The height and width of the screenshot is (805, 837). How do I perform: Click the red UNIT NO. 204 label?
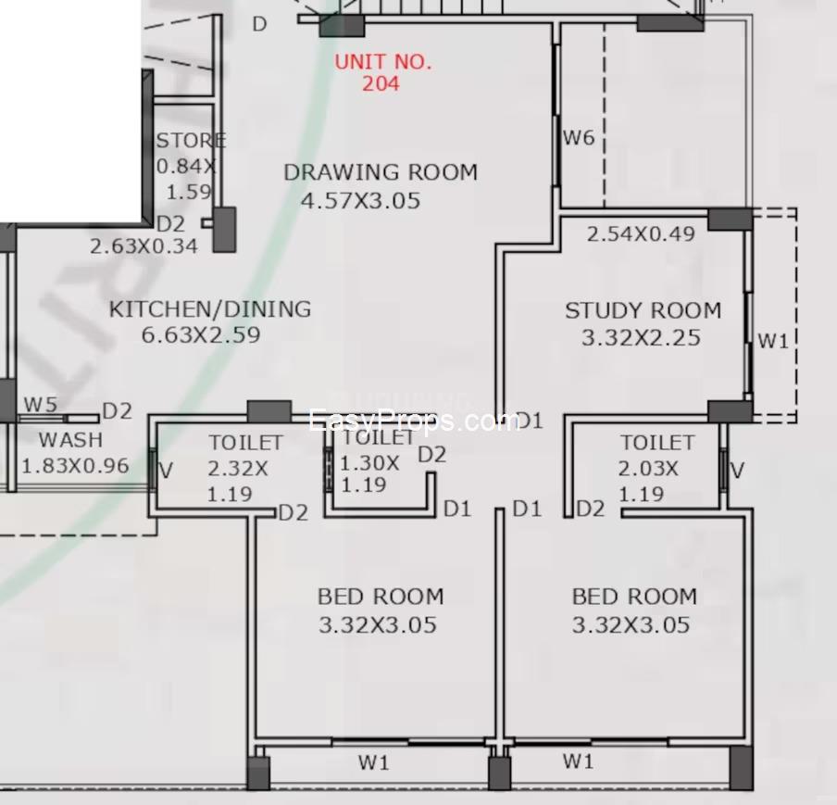point(381,72)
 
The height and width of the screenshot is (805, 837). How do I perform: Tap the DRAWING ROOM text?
point(381,172)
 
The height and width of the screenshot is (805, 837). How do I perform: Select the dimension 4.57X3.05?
point(361,200)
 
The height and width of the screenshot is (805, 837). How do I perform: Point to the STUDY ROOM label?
point(643,310)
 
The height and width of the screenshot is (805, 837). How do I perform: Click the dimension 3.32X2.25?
point(641,338)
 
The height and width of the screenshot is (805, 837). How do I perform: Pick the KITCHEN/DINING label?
point(210,308)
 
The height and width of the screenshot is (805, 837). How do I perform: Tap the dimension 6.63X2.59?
point(201,334)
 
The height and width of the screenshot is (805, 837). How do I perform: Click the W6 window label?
point(579,138)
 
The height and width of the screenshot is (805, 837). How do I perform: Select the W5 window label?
point(41,404)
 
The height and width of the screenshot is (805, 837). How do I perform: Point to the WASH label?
point(70,439)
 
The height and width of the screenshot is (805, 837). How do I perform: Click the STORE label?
point(190,141)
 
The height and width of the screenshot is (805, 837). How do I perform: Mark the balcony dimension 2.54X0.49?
point(641,233)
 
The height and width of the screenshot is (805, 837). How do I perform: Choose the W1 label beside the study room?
point(773,341)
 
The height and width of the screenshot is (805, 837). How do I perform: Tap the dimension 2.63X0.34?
point(144,246)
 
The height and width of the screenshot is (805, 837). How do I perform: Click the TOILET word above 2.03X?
point(657,443)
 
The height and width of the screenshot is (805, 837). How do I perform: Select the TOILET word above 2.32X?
point(245,443)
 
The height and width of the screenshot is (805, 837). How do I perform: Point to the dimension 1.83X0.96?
point(74,465)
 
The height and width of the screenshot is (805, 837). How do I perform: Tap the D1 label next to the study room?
point(528,421)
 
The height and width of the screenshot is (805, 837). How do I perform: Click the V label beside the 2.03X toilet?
point(737,471)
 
